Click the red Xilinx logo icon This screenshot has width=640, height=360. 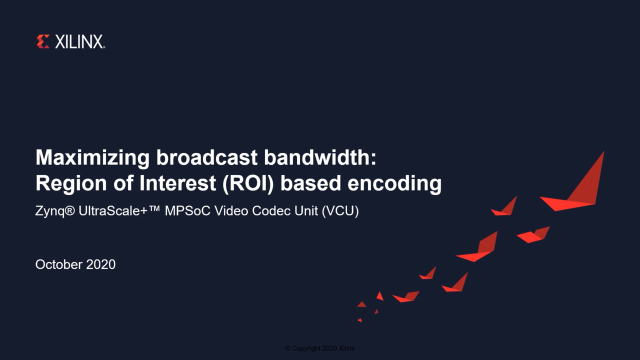(x=43, y=41)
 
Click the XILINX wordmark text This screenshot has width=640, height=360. (x=79, y=41)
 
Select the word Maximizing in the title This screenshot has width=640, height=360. (x=92, y=157)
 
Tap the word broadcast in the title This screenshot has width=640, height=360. (x=207, y=157)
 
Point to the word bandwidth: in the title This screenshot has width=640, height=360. (x=320, y=157)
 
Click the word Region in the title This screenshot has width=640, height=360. (x=71, y=183)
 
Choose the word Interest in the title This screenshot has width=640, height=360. (x=177, y=183)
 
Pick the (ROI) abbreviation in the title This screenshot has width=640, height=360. (x=248, y=183)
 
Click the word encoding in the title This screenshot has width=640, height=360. (x=394, y=183)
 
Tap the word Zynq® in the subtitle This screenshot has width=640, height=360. (x=55, y=211)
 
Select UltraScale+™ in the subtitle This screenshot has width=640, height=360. (x=119, y=211)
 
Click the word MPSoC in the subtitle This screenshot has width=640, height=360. (x=187, y=211)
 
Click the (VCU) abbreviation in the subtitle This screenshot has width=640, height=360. (x=340, y=211)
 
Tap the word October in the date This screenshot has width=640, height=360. (x=59, y=264)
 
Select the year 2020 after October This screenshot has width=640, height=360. (x=101, y=264)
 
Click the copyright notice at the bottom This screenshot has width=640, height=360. (x=319, y=348)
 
